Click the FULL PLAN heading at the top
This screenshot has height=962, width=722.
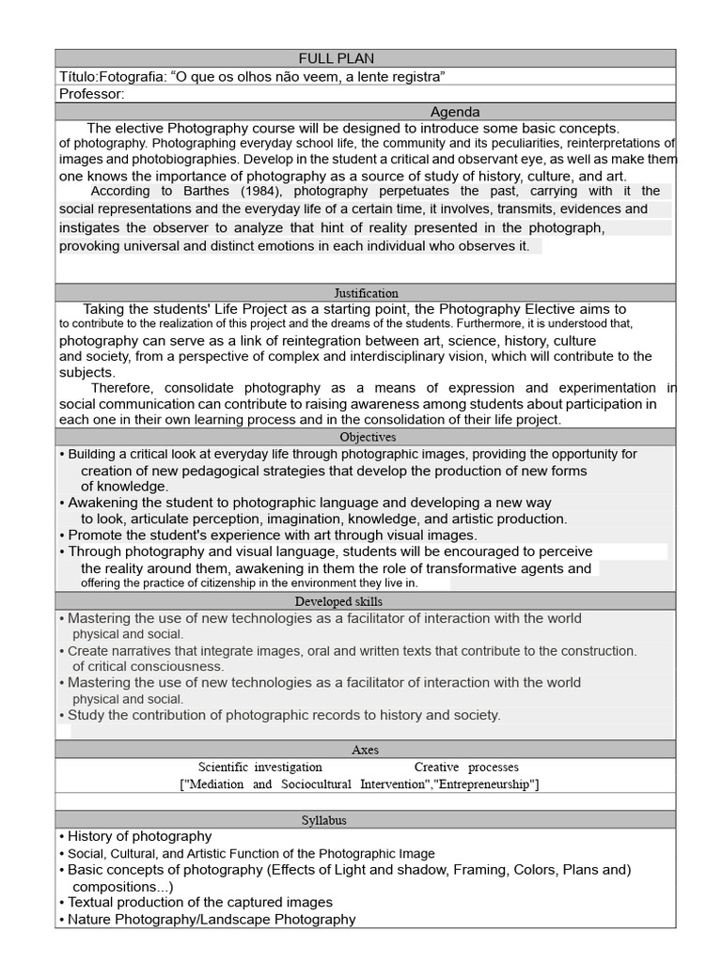tap(337, 58)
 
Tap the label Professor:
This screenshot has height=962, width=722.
tap(91, 93)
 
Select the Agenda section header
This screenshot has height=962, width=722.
tap(455, 111)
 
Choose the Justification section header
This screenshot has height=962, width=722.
tap(367, 293)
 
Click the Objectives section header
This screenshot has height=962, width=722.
tap(368, 437)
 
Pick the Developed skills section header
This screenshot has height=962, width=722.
tap(338, 601)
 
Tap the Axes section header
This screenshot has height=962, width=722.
tap(365, 750)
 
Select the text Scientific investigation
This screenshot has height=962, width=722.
tap(260, 768)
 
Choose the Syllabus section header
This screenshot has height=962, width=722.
tap(323, 820)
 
